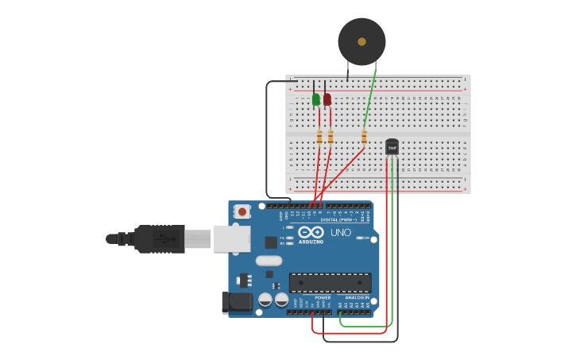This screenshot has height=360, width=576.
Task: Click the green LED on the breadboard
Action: tap(316, 99)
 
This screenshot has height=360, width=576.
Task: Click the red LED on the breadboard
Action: tap(327, 99)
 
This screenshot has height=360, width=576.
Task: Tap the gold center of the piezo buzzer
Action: tap(361, 41)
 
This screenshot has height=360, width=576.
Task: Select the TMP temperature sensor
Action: tap(392, 147)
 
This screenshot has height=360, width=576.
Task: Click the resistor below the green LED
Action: tap(319, 137)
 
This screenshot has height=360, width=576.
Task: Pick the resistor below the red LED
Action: tap(331, 137)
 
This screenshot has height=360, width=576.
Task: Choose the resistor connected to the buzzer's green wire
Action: tap(364, 137)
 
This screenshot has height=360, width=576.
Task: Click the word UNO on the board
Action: tap(341, 232)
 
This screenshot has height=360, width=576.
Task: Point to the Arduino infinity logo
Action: tap(311, 232)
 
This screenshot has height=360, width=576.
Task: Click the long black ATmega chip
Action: tap(330, 282)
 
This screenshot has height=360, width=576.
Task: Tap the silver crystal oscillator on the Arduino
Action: tap(269, 261)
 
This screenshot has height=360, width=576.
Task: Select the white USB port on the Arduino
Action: tap(232, 238)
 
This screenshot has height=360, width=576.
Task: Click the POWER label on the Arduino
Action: tap(323, 297)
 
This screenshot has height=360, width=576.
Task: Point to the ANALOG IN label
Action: tap(356, 297)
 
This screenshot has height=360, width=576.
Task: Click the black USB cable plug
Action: tap(159, 238)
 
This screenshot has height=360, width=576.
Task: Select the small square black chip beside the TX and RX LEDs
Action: tap(271, 242)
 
